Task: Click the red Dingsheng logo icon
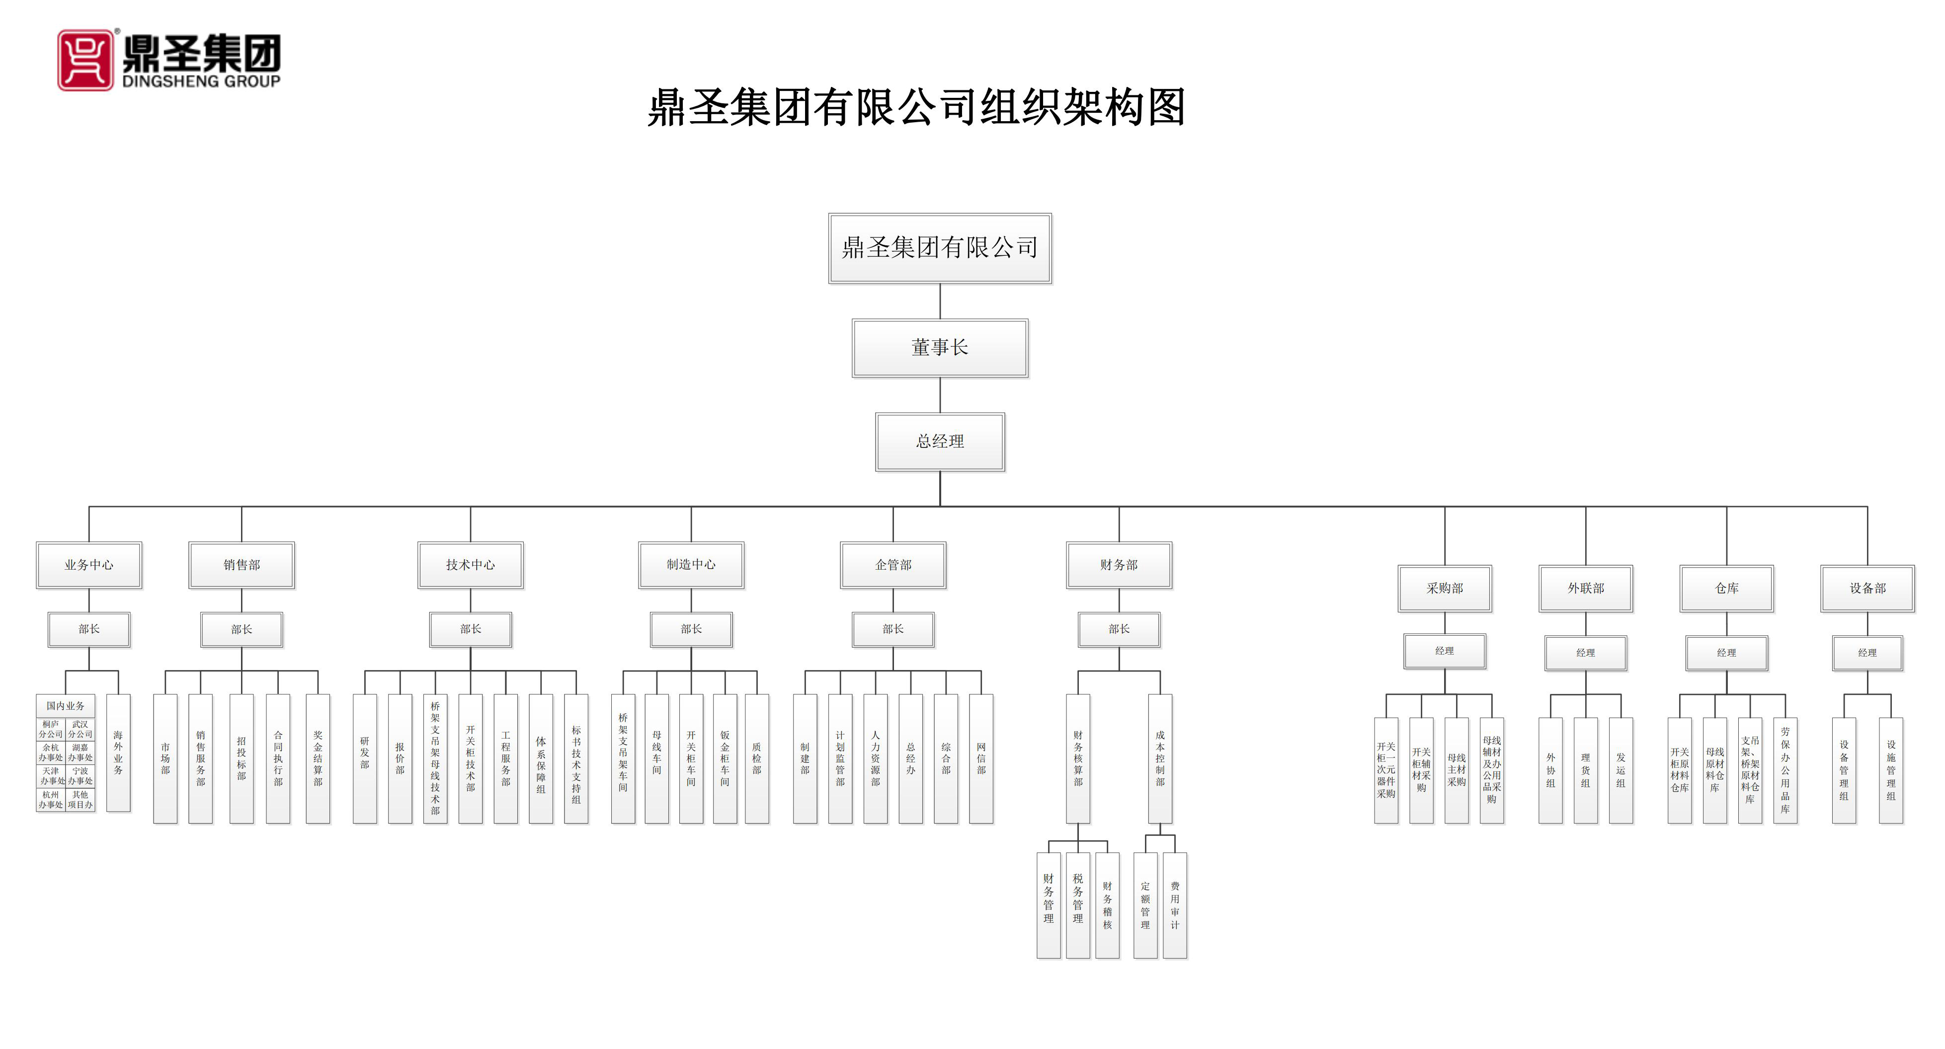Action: pyautogui.click(x=85, y=61)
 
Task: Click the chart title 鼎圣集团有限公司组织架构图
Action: pyautogui.click(x=916, y=107)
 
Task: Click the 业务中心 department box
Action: pyautogui.click(x=89, y=565)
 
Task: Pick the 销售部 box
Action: pyautogui.click(x=242, y=565)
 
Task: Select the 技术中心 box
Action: pyautogui.click(x=471, y=565)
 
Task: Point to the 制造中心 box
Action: pyautogui.click(x=691, y=565)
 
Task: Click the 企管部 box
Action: pyautogui.click(x=893, y=565)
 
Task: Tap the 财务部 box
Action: pyautogui.click(x=1119, y=565)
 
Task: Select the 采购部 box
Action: pyautogui.click(x=1445, y=588)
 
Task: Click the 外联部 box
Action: pyautogui.click(x=1586, y=588)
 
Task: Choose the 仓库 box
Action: pyautogui.click(x=1727, y=588)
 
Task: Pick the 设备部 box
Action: pyautogui.click(x=1867, y=588)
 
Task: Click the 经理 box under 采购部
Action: pyautogui.click(x=1445, y=651)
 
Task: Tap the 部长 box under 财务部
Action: pyautogui.click(x=1119, y=629)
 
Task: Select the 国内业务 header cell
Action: pyautogui.click(x=66, y=706)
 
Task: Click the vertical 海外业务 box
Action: pyautogui.click(x=119, y=752)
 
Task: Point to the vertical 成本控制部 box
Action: pyautogui.click(x=1160, y=758)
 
